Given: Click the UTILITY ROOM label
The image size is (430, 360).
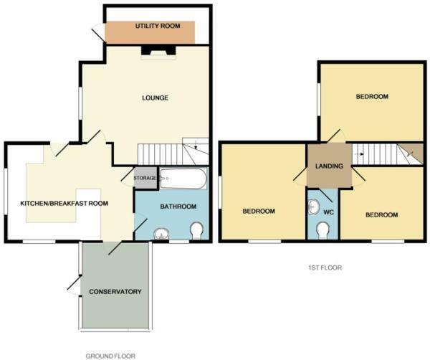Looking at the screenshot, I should [x=156, y=26].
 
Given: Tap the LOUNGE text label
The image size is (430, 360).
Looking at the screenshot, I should [x=155, y=98].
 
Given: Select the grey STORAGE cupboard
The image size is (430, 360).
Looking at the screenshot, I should [x=144, y=178].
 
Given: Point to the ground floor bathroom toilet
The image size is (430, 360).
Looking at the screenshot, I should [x=196, y=230].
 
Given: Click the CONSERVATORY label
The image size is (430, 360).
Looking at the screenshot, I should [x=115, y=292].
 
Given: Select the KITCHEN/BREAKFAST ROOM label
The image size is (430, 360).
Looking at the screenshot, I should [x=64, y=204].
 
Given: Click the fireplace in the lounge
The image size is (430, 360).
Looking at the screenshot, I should [x=157, y=52].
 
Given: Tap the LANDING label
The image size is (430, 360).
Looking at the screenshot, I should [x=329, y=166].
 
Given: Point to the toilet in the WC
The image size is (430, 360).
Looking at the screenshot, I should [x=323, y=229].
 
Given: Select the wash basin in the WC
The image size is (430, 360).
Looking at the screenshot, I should [x=313, y=207].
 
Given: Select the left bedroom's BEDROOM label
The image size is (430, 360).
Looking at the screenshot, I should [x=259, y=211].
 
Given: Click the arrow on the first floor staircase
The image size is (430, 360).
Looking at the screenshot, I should [x=362, y=153].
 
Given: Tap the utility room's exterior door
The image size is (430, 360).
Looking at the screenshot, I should [x=97, y=32].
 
